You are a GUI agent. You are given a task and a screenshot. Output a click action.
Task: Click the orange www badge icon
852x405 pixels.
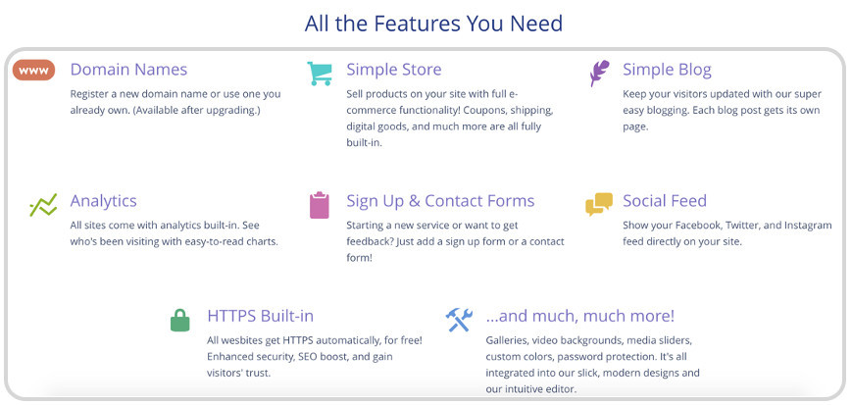tap(33, 71)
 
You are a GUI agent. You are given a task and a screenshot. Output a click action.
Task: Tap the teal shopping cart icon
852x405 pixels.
tap(319, 74)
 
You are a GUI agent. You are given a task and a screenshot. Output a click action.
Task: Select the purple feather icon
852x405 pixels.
tap(599, 74)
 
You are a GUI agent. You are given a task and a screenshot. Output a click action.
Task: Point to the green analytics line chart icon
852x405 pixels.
tap(43, 206)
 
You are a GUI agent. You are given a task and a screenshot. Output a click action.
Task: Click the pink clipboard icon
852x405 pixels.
tap(320, 205)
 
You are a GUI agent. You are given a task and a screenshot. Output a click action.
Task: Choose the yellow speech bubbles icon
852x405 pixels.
tap(599, 204)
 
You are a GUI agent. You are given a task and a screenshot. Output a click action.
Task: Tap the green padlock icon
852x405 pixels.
tap(179, 320)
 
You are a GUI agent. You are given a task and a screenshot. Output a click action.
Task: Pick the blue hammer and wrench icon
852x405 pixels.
tap(459, 320)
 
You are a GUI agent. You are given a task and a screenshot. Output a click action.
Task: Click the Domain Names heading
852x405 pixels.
tap(128, 70)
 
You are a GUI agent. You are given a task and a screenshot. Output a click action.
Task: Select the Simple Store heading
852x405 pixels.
tap(394, 70)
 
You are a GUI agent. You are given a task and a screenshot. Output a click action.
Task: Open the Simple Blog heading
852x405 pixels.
tap(667, 70)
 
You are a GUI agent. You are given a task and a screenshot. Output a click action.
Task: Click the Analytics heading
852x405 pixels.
tap(103, 201)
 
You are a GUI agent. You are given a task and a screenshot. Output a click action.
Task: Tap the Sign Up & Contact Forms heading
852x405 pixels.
tap(440, 201)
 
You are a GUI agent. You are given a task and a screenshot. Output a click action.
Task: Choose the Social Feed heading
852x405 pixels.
tap(665, 201)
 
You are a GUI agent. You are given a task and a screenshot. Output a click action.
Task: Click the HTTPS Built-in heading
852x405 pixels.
tap(260, 316)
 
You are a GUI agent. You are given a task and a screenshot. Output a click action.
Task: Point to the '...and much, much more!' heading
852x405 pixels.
tap(580, 316)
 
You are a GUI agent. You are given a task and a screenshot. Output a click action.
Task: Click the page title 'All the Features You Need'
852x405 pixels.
tap(433, 24)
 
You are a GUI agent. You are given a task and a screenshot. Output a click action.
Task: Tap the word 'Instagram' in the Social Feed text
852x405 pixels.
tap(808, 226)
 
